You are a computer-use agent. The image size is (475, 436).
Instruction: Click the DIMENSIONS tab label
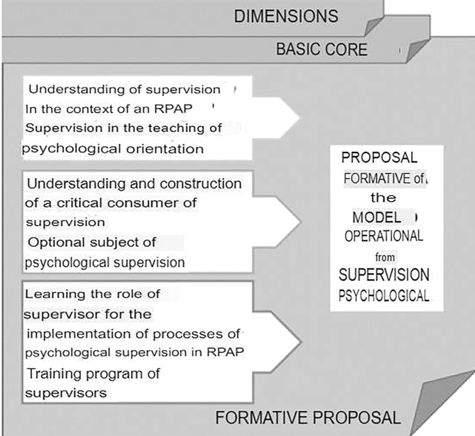point(286,16)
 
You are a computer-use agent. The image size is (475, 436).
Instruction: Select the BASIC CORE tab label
point(322,50)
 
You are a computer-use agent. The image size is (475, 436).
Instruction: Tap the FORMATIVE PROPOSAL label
point(308,418)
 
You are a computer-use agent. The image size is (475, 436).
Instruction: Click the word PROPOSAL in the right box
point(379,158)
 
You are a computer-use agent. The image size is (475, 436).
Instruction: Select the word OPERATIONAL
point(383,236)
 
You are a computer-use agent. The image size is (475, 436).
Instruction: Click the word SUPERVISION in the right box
point(384,275)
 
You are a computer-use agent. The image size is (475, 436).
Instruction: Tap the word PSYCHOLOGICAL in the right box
point(383,296)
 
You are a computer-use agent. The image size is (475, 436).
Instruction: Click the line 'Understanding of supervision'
point(124,89)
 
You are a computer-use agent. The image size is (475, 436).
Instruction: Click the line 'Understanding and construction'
point(133,184)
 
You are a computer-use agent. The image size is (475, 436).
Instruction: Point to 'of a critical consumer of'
point(112,203)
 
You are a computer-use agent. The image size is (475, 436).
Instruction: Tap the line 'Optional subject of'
point(92,242)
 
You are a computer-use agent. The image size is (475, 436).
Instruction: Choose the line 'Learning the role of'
point(92,294)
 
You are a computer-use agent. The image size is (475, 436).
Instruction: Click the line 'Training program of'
point(94,374)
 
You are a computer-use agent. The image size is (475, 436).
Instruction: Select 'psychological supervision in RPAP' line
point(134,353)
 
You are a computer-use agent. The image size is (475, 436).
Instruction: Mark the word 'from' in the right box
point(380,256)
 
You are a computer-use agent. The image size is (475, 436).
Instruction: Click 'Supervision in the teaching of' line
point(123,128)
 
